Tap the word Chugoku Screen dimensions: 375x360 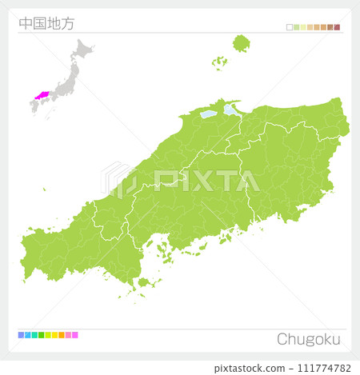click(308, 339)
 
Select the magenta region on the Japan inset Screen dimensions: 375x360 click(41, 94)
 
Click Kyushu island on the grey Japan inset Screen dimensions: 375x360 click(35, 107)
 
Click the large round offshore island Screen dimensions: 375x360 click(241, 42)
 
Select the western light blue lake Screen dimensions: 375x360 click(208, 114)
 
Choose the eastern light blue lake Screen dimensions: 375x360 click(230, 109)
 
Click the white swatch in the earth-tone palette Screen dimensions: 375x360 click(290, 27)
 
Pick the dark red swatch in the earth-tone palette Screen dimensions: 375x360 click(338, 27)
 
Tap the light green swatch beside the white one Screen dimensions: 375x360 click(297, 27)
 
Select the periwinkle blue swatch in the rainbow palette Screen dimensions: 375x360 click(21, 335)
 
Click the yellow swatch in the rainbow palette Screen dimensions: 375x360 click(54, 335)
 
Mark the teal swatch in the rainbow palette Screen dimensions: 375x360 click(34, 335)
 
